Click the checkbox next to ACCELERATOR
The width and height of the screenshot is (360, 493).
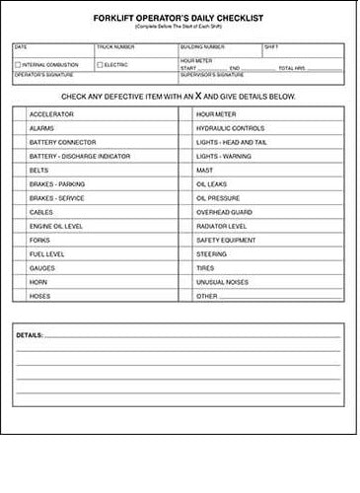[x=20, y=114]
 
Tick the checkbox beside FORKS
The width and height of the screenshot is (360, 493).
[x=20, y=240]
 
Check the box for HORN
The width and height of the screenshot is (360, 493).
[x=20, y=281]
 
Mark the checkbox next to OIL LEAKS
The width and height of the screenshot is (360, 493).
[x=186, y=183]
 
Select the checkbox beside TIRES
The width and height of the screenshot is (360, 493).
[x=186, y=267]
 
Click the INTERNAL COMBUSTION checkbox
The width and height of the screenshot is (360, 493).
[x=17, y=65]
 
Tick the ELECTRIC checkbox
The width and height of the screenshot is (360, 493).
[x=101, y=65]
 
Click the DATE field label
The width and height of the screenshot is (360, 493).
[x=22, y=46]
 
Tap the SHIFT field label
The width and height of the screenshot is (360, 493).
[x=272, y=46]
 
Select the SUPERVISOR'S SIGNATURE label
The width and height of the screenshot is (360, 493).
[x=213, y=74]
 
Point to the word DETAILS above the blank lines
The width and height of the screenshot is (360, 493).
[x=30, y=336]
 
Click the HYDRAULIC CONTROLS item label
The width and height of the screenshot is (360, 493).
[x=230, y=128]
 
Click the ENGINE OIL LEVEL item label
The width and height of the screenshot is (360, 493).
[x=56, y=226]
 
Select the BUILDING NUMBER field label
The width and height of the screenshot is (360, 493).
[x=203, y=46]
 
